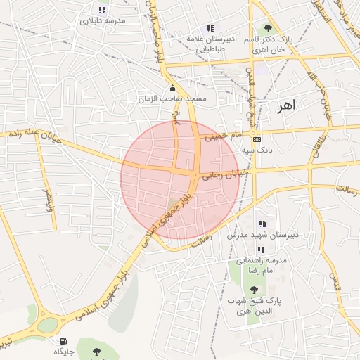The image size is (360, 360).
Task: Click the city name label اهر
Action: click(287, 105)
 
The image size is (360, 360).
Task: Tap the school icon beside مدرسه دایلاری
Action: click(103, 11)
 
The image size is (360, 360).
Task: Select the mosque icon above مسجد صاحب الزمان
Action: click(173, 89)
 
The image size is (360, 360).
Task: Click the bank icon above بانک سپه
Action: click(257, 139)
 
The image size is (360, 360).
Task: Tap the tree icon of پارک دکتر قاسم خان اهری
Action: click(268, 29)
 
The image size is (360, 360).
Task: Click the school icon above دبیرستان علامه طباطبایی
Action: click(210, 28)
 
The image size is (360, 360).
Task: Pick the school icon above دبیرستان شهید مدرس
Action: click(262, 224)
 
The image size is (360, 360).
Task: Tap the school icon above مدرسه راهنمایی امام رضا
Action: click(261, 250)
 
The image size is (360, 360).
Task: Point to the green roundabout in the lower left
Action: click(47, 325)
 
